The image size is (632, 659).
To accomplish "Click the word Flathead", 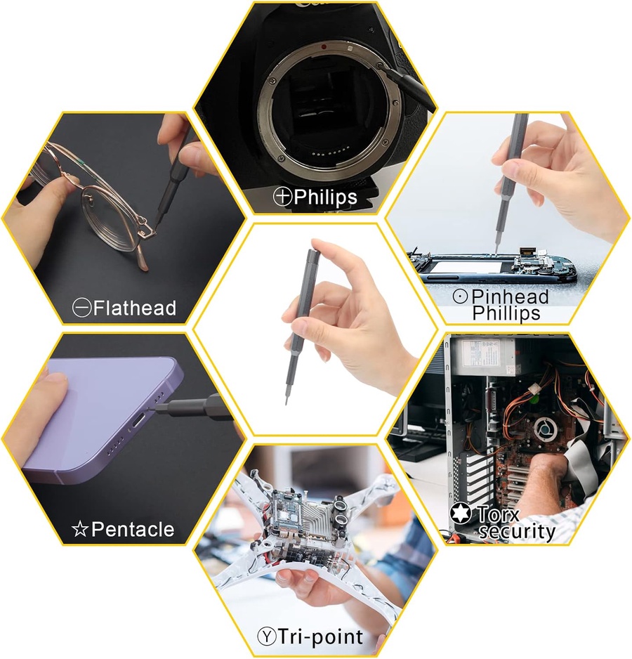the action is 134,308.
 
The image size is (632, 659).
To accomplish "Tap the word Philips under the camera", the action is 325,197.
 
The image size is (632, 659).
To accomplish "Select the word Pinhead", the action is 510,296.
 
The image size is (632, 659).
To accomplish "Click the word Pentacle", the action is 133,529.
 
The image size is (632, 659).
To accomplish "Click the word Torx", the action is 498,514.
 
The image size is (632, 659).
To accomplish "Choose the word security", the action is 517,531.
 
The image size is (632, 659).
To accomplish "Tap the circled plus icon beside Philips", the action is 282,196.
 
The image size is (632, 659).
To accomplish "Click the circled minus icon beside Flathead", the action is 81,308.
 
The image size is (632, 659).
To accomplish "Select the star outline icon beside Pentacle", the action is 80,529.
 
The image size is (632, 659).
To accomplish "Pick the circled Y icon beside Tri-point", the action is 267,637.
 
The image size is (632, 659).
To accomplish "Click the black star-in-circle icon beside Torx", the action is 461,513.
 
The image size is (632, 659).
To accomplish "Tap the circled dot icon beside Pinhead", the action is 461,296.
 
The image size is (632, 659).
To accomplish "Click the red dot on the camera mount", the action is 324,46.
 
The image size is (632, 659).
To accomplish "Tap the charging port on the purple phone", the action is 138,420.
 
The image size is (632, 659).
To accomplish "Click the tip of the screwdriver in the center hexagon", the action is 287,404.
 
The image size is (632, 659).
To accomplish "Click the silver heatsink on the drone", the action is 313,517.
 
